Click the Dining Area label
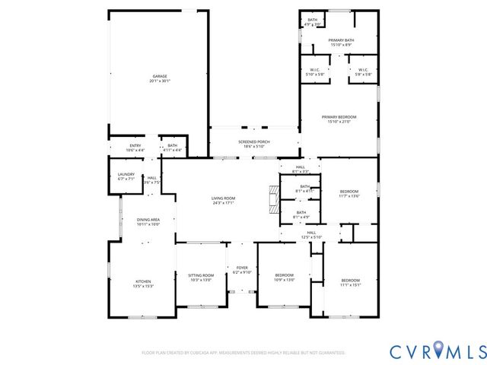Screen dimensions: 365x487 pos(148,221)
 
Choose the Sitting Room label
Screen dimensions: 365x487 pos(202,277)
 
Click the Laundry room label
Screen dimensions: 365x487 pos(126,176)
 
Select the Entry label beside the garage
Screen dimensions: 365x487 pos(135,148)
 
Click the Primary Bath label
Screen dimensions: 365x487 pos(340,43)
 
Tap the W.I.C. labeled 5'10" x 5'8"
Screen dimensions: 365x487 pos(314,72)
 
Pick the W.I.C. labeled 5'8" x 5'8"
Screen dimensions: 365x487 pos(363,72)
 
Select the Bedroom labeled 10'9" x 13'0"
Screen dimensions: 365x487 pos(284,277)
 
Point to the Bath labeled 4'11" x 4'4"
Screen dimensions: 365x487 pos(173,148)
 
